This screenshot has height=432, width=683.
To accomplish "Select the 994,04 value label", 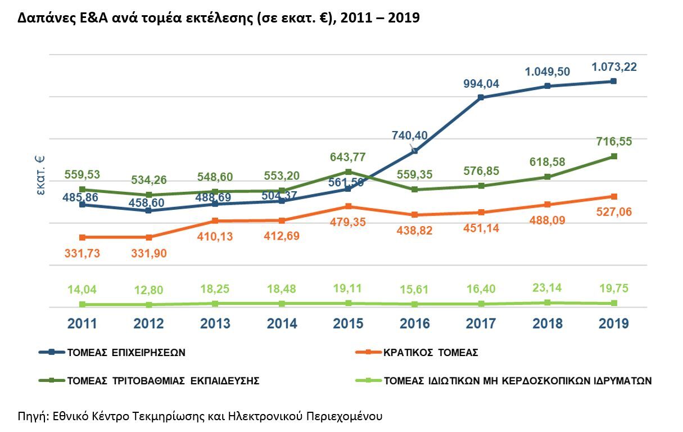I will pos(481,84).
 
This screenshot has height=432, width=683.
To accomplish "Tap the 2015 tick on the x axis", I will pos(348,324).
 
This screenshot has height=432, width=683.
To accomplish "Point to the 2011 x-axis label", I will pos(82,324).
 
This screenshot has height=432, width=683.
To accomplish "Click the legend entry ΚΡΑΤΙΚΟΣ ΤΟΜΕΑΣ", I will pos(431,353).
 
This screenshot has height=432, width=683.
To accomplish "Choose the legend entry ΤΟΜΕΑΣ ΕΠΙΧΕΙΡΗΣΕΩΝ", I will pos(126,353).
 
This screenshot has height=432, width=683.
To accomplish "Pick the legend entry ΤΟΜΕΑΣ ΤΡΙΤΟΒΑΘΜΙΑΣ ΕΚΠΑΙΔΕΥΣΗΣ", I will pos(163,381).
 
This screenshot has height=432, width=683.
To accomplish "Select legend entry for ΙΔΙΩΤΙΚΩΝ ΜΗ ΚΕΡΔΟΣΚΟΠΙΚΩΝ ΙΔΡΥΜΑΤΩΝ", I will pos(517,381).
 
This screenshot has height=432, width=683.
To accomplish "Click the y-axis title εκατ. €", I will pos(40,175).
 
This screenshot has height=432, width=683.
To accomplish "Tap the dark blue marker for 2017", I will pos(481,97).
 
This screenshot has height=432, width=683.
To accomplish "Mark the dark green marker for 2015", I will pos(348,172).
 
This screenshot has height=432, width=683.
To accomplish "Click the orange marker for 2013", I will pos(215,220).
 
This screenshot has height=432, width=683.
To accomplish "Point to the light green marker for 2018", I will pos(547,303).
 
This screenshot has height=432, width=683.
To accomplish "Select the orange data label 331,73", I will pos(82,253).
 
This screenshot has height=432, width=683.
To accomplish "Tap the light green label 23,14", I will pos(547,289).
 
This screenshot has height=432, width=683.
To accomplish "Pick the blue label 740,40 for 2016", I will pos(410,136).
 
